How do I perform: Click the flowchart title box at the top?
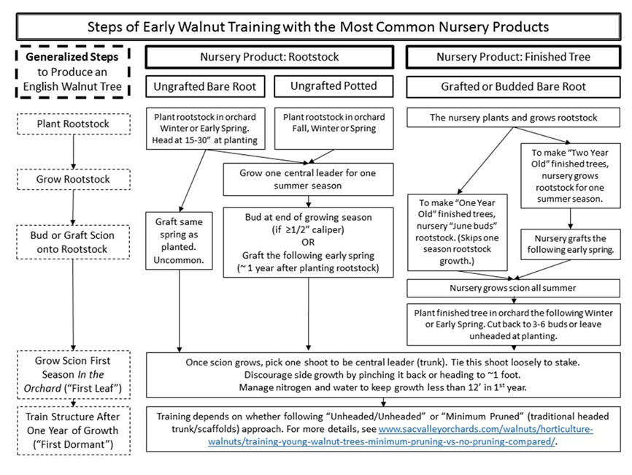tap(317, 27)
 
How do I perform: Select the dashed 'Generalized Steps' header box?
tap(72, 71)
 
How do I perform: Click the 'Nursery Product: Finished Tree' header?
tap(513, 57)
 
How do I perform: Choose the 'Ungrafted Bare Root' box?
tap(205, 86)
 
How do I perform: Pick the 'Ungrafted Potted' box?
tap(334, 86)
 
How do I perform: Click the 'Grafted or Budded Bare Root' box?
tap(513, 86)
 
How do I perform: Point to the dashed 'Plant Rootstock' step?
tap(72, 123)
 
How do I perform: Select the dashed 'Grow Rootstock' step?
tap(72, 179)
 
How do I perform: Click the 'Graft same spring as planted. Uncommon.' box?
tap(180, 239)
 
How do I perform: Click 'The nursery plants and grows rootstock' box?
tap(513, 117)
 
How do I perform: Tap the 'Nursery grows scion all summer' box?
tap(513, 288)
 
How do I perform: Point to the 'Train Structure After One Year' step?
tap(72, 430)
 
